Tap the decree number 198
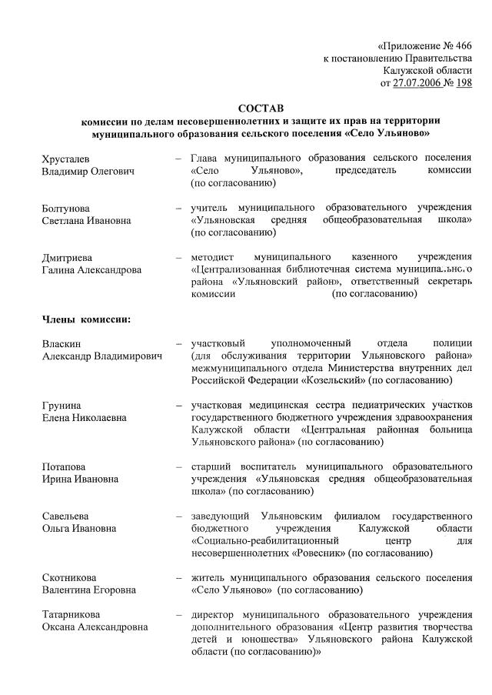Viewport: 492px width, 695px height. (464, 83)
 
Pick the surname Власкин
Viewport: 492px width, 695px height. (61, 343)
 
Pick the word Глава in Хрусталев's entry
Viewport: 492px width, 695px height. (205, 159)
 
